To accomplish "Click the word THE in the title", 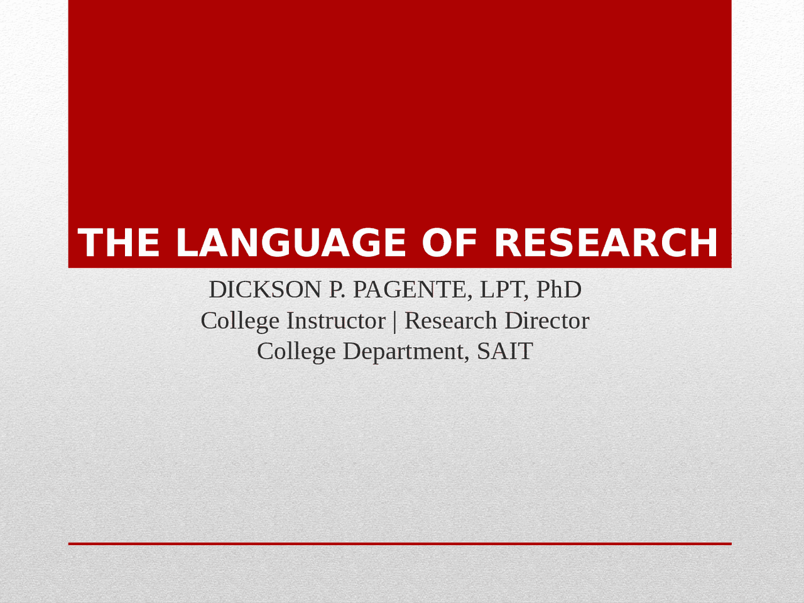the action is pos(119,242).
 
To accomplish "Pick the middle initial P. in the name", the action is pos(337,290).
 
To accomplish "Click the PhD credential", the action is pos(559,290).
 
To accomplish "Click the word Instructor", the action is pos(336,321).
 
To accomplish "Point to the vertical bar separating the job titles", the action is pos(394,322).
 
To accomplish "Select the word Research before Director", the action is pos(450,321).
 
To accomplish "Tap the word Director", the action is pos(547,321).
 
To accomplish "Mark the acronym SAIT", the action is pos(505,352).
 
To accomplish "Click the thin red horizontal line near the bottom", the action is pos(400,544).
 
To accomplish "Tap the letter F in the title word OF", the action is pos(465,242).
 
